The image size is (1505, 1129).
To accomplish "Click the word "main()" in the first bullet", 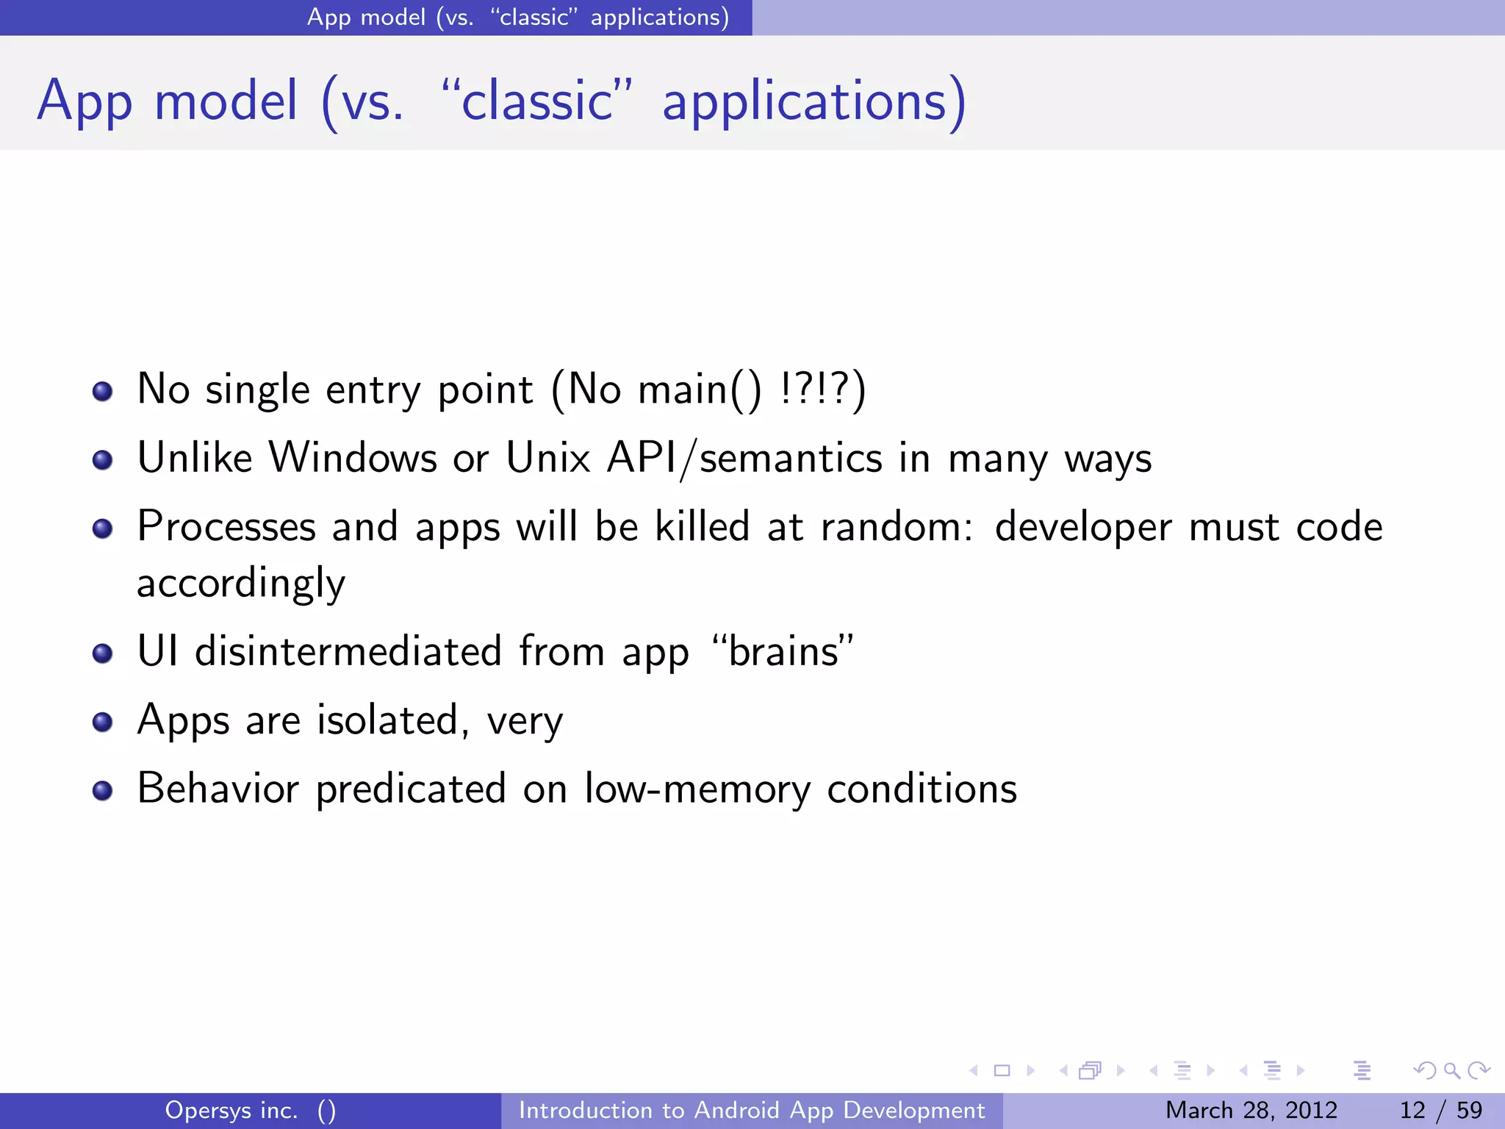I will pos(700,390).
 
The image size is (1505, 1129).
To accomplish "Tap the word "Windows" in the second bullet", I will pos(353,458).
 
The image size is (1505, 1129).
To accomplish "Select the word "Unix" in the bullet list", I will pos(548,458).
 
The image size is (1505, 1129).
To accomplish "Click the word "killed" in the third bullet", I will pos(702,526).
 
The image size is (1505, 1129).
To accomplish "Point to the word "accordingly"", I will pos(241,584).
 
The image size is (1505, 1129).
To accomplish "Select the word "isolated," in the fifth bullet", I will pos(392,720).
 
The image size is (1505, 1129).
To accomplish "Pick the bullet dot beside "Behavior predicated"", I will pos(103,790).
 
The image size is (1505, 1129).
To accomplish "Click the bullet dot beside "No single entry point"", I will pos(103,391).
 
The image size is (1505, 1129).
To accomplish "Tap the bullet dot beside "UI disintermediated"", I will pos(103,653).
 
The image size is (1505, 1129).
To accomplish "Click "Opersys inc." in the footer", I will pos(231,1110).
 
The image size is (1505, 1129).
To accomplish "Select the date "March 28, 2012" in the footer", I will pos(1251,1110).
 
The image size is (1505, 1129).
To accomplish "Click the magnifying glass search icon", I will pos(1451,1071).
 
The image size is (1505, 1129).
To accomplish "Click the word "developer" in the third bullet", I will pos(1082,528).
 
